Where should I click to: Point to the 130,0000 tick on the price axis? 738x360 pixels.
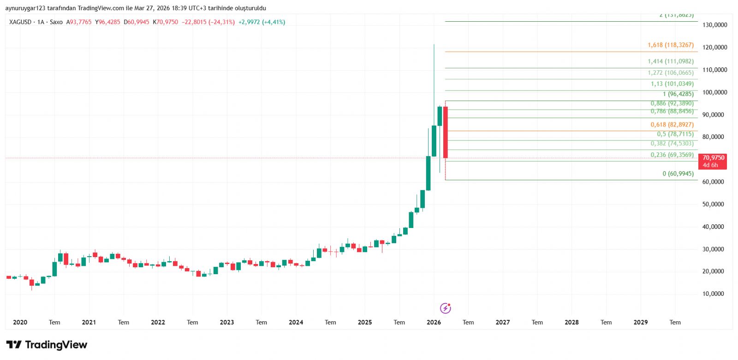tap(714, 25)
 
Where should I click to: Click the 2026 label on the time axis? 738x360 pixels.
tap(434, 323)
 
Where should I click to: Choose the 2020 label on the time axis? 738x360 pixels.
tap(20, 323)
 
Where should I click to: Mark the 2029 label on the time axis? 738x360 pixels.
tap(640, 323)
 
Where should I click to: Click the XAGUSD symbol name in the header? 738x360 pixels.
tap(20, 22)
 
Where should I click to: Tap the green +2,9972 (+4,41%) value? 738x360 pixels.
tap(262, 22)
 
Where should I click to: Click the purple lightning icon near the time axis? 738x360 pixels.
tap(445, 308)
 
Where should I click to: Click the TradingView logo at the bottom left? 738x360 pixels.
tap(47, 345)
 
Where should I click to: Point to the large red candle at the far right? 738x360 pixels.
tap(446, 133)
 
